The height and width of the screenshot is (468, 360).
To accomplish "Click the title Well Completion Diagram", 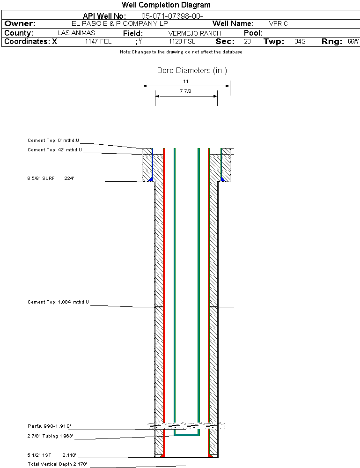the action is tap(166, 5).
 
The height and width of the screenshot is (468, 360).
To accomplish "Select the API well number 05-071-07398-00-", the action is tap(172, 16).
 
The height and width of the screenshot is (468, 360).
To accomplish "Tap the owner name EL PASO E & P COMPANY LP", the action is tap(119, 23).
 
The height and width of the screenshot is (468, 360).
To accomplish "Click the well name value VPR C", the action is tap(278, 23).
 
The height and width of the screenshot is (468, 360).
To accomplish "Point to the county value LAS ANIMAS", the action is tap(76, 33).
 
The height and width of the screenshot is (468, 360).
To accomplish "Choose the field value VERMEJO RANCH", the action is tap(194, 33).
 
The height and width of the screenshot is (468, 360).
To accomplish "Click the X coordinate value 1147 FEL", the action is tap(98, 41).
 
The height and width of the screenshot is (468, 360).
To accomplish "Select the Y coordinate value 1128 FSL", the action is tap(182, 41).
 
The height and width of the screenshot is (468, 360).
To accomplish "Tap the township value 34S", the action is tap(300, 41).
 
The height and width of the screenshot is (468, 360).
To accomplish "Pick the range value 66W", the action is tap(353, 41).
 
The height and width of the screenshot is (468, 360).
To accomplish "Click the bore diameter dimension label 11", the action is tap(186, 81).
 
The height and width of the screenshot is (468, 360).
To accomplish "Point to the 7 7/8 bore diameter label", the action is tap(185, 91).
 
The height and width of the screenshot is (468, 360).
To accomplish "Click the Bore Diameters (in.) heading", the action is tap(192, 70).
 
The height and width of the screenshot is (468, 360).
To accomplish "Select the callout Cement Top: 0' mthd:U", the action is tap(53, 140).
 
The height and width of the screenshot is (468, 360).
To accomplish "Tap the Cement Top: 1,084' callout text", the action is tap(58, 302).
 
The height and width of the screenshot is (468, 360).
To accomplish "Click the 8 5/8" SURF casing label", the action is tap(41, 178).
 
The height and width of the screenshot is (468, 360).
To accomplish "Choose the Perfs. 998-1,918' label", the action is tap(49, 426).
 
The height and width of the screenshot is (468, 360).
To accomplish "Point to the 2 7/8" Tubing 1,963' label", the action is tap(50, 436).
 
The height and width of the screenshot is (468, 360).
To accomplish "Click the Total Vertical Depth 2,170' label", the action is tap(57, 464).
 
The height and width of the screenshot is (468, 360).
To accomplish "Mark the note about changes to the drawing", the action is tap(181, 52).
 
